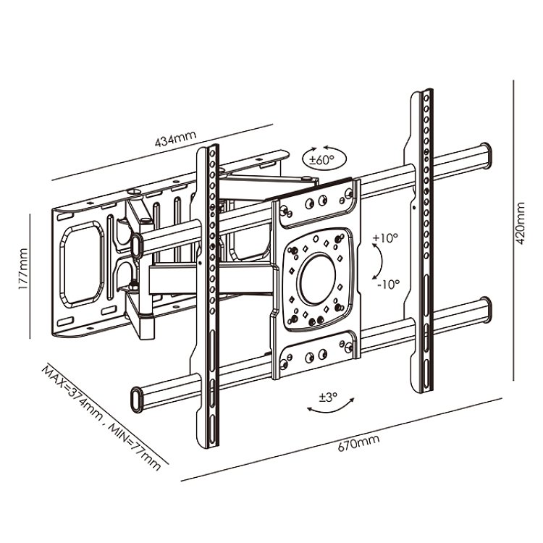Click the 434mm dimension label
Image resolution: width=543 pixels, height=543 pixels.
click(175, 138)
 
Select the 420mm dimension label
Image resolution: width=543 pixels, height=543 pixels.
click(521, 224)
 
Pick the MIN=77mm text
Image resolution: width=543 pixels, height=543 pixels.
click(135, 447)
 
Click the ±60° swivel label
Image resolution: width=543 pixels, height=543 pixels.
click(322, 160)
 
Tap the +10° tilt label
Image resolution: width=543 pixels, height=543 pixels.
click(385, 238)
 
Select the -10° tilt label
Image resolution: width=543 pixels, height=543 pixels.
click(388, 285)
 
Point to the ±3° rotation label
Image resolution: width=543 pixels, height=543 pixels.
click(327, 397)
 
